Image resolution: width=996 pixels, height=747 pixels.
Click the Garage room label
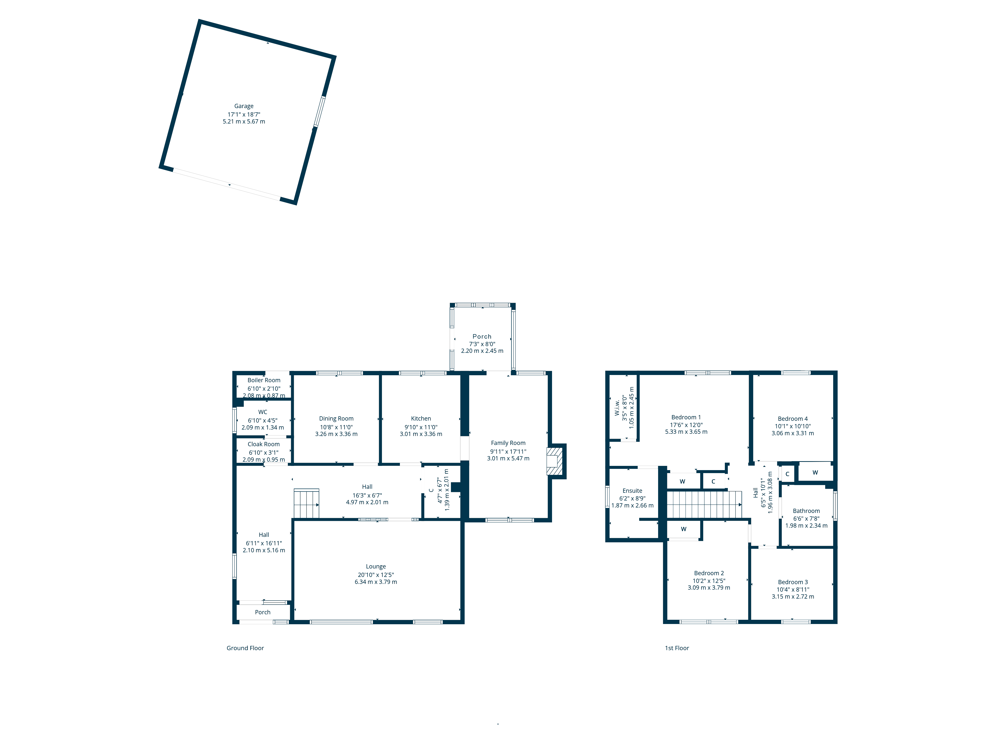coord(244,106)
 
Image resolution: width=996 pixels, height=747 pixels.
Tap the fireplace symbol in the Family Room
coord(554,461)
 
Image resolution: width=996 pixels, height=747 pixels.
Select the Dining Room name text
coord(336,419)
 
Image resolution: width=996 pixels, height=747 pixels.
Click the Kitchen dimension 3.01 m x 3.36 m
coord(421,434)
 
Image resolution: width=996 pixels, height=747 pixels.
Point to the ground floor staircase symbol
coord(306,503)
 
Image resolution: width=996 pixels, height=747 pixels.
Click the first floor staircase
coord(704,504)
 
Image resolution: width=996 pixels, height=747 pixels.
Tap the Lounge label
coord(375,566)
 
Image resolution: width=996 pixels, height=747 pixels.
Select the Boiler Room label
coord(264,380)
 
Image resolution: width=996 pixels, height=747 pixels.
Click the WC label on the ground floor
coord(262,412)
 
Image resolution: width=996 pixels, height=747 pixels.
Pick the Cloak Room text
coord(263,444)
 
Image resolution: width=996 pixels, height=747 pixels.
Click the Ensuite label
coord(632,491)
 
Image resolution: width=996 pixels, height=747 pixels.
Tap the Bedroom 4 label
coord(793,419)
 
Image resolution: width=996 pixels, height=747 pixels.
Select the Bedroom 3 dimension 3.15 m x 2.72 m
coord(793,597)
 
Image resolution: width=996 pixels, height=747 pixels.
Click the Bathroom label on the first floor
coord(806,511)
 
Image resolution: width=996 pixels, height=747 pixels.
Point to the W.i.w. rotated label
coord(617,408)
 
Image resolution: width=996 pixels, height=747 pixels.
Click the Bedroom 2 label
coord(709,573)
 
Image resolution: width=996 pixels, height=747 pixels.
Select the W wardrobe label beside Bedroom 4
coord(815,472)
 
